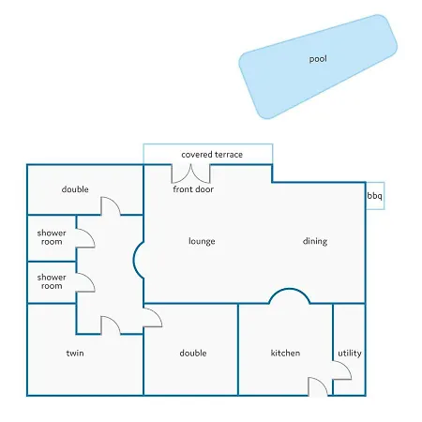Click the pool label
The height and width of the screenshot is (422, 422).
[x=318, y=59]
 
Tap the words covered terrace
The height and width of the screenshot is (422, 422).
[x=212, y=155]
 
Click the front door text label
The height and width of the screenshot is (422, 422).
[x=193, y=189]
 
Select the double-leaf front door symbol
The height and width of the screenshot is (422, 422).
[x=190, y=174]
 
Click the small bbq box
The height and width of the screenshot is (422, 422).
[x=375, y=196]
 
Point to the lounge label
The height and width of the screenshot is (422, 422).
[x=202, y=241]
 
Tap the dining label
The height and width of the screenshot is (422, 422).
[x=315, y=241]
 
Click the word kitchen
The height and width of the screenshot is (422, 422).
[x=285, y=353]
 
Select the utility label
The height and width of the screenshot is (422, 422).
[x=350, y=354]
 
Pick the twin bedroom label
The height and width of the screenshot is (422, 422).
[x=75, y=353]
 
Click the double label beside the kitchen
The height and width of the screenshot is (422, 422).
[x=193, y=353]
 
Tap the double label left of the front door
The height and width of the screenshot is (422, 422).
[x=75, y=189]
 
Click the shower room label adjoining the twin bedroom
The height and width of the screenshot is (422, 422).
[x=52, y=281]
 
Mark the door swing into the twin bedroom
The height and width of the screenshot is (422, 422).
[x=111, y=325]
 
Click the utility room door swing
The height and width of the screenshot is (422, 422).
[x=342, y=370]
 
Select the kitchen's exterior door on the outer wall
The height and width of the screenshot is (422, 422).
[x=318, y=386]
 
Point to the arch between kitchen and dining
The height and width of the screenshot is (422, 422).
[x=290, y=289]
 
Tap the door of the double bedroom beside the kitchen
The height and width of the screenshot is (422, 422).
[x=153, y=318]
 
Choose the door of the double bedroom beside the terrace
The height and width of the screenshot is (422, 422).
[x=111, y=206]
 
